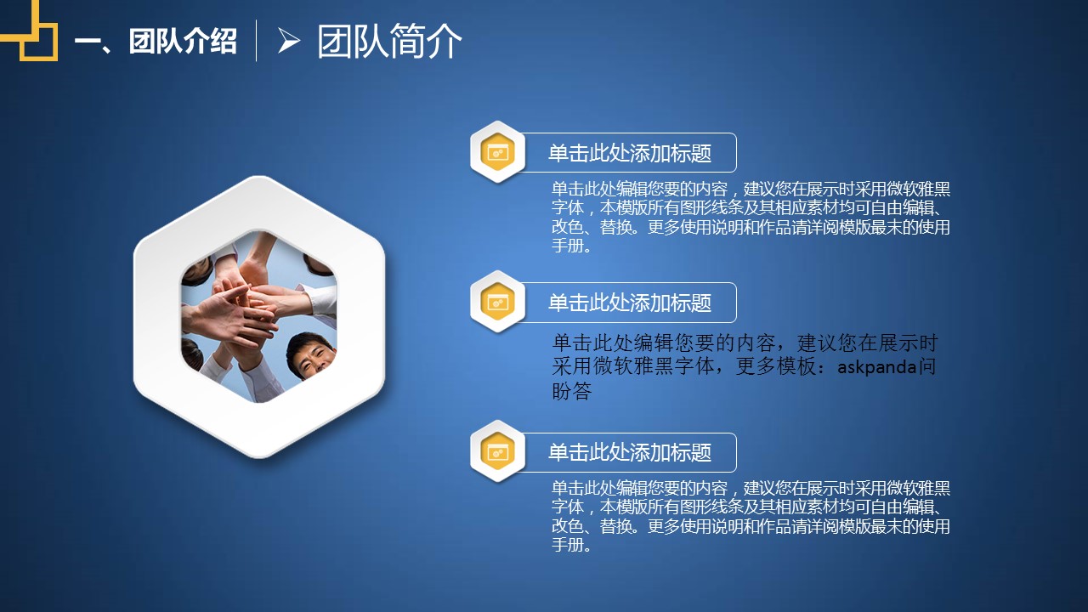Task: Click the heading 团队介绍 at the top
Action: pos(183,41)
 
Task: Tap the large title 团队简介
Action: pos(389,42)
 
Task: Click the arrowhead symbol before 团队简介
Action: pos(289,40)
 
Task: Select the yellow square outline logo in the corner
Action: pos(29,30)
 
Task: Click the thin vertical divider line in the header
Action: pos(257,41)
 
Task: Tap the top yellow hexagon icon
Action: pos(497,152)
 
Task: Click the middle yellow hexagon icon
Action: pos(497,302)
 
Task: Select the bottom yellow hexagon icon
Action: pos(497,451)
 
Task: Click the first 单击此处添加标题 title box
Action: pos(630,152)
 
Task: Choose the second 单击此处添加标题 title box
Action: pos(630,302)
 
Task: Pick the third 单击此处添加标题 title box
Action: pos(630,452)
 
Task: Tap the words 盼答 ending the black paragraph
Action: pos(572,391)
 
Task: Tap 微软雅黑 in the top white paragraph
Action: pos(919,189)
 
